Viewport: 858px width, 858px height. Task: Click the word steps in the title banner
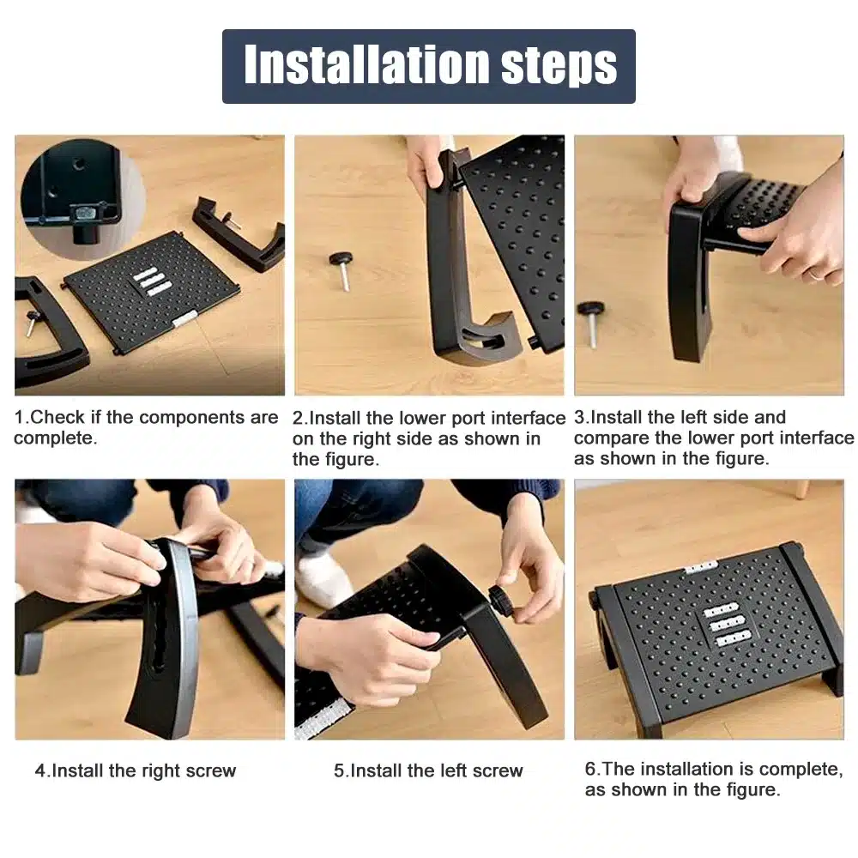(x=559, y=67)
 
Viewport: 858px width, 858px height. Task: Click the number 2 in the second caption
(x=298, y=418)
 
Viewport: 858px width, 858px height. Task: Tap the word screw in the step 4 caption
(x=211, y=771)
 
